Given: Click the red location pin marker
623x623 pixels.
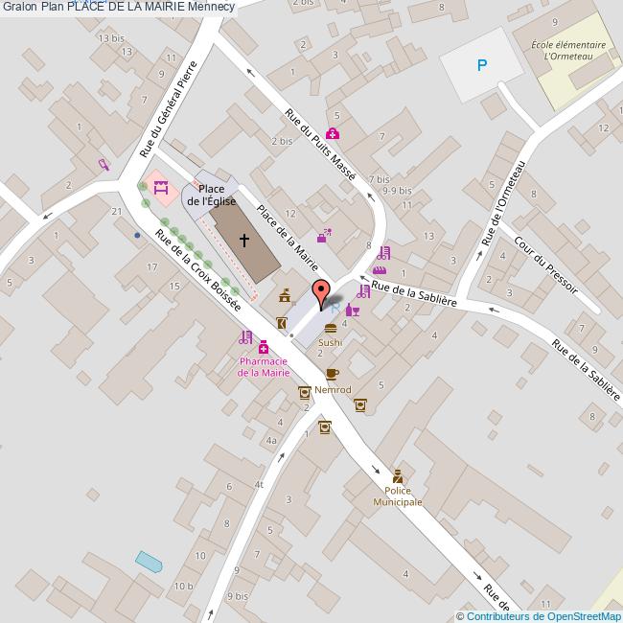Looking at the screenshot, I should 321,291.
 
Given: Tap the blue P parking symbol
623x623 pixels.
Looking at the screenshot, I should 482,65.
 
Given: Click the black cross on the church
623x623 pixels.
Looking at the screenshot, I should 244,240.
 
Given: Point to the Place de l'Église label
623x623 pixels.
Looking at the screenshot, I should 212,196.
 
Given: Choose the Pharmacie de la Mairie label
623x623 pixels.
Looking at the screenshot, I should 264,366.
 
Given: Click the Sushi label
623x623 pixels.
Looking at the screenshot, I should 331,342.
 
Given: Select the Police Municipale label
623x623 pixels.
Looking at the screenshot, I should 398,496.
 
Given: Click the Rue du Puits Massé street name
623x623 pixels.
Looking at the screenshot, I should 320,145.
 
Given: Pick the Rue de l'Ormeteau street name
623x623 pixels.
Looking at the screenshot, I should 506,202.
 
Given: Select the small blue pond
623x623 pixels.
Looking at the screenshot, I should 149,560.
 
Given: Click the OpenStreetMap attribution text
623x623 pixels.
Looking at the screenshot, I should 541,616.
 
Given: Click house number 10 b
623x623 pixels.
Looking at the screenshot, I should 183,586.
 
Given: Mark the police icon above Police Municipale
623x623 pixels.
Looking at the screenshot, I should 397,476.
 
